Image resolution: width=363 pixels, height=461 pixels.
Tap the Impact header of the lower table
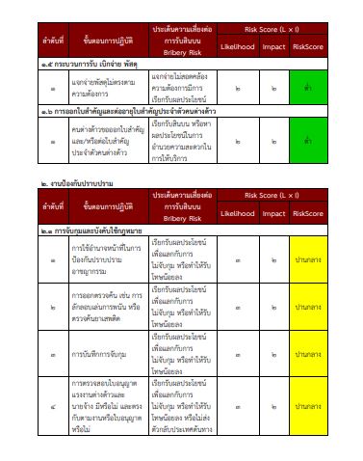click(x=274, y=213)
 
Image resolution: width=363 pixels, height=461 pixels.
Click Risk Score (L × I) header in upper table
click(x=272, y=29)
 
